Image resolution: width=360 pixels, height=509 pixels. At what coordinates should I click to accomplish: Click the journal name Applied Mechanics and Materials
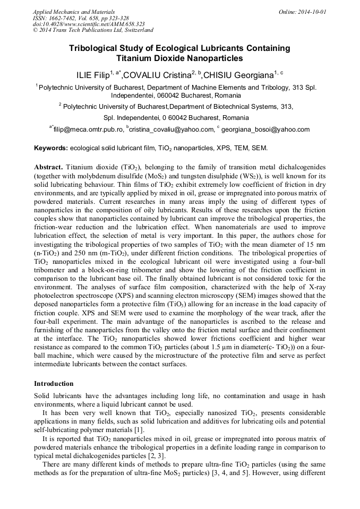point(74,11)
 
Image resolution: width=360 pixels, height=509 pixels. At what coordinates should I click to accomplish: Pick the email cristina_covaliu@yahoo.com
point(170,129)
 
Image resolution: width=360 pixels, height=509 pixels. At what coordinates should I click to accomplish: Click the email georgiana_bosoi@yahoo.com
point(265,129)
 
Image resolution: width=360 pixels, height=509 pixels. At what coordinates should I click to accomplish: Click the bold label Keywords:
point(50,148)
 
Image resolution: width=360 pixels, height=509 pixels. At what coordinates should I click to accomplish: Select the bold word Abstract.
point(49,166)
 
